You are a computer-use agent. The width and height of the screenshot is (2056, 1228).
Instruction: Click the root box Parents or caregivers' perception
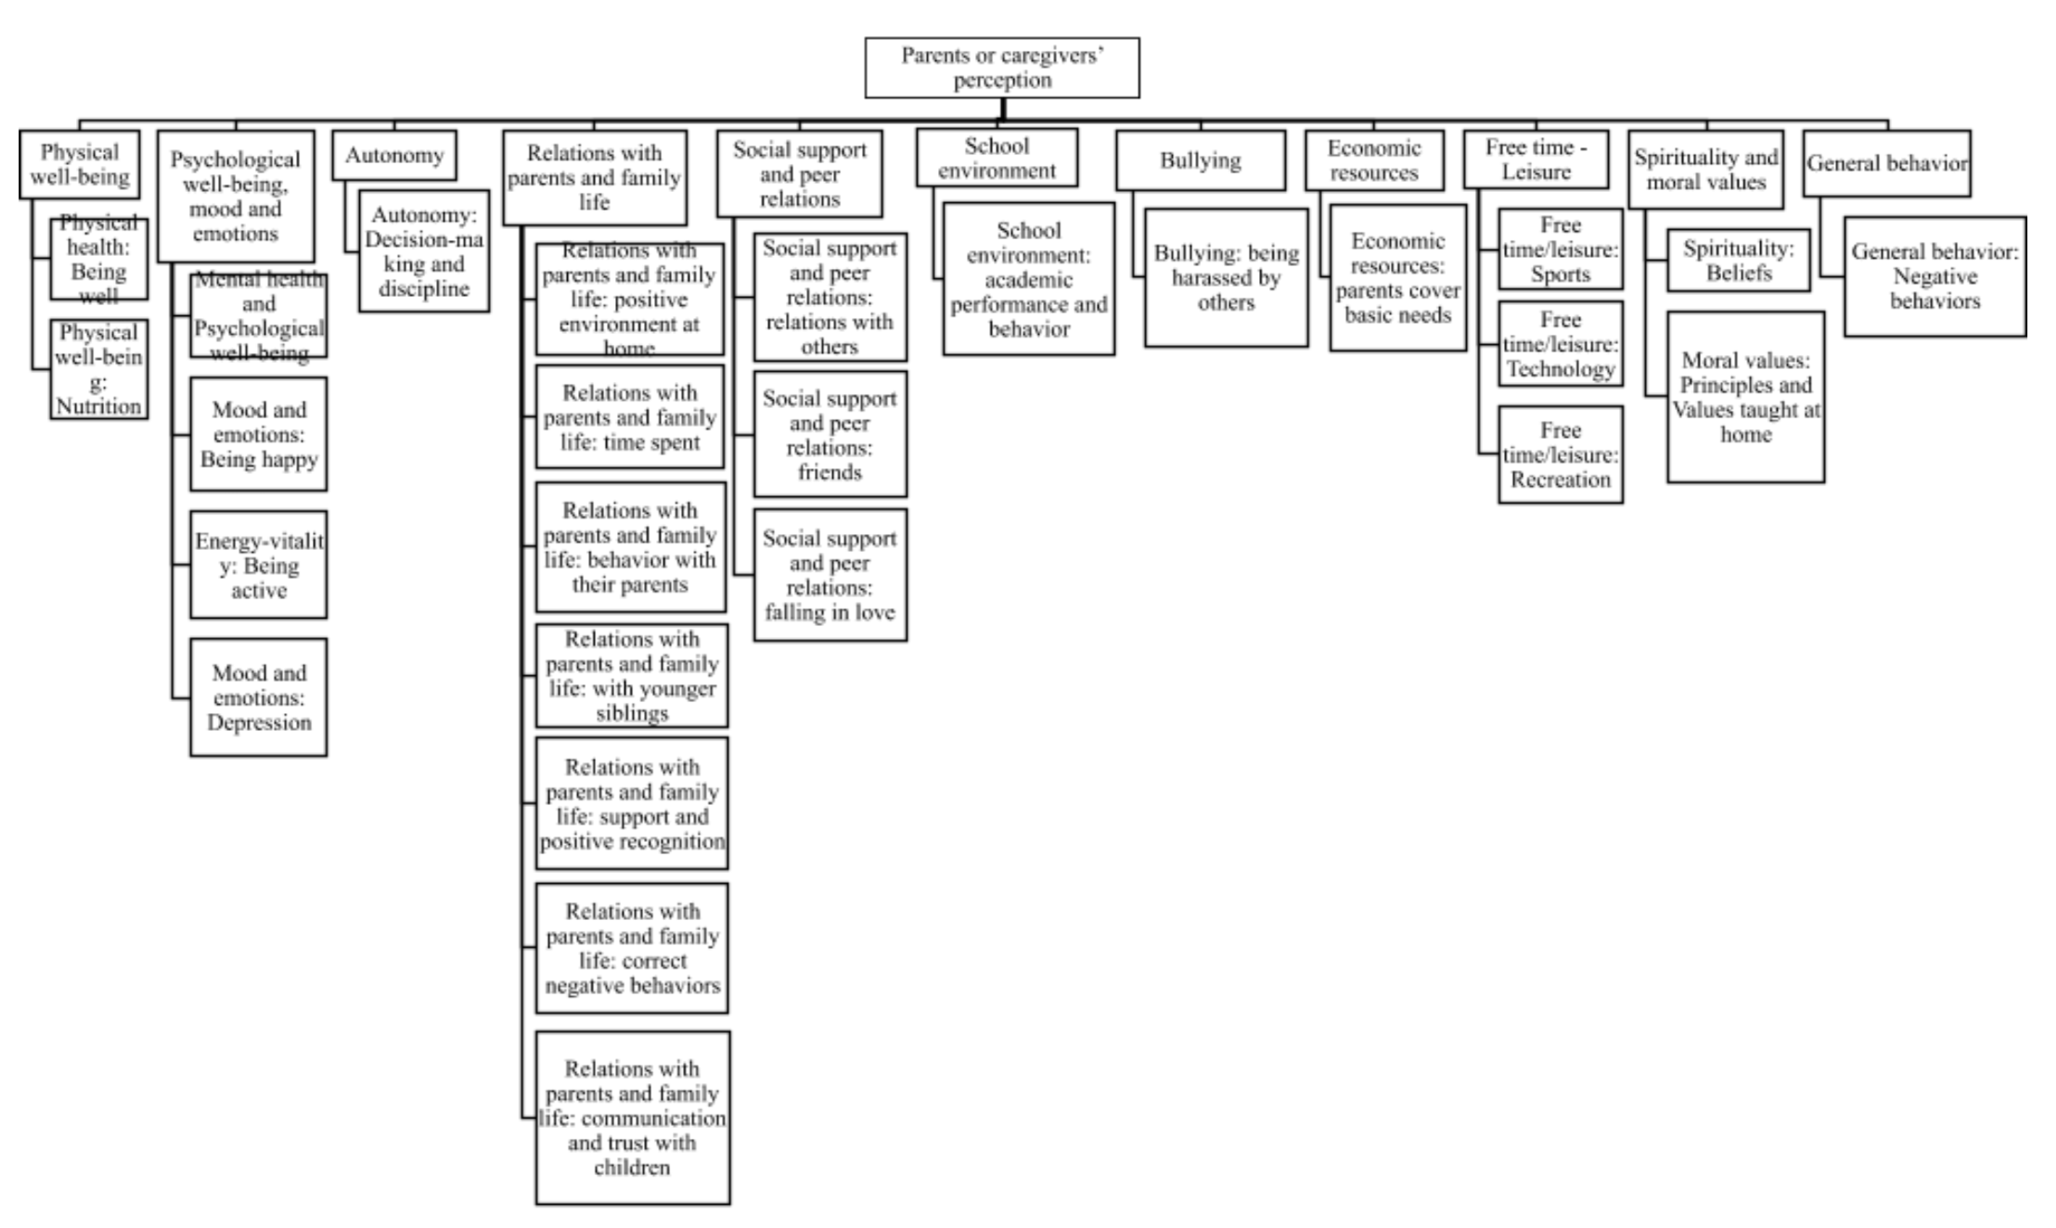coord(1002,68)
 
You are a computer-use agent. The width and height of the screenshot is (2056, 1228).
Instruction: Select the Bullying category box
coord(1201,160)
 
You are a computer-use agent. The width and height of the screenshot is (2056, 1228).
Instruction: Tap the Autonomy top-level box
coord(394,155)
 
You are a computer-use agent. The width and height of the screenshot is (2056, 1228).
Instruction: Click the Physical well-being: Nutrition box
coord(98,369)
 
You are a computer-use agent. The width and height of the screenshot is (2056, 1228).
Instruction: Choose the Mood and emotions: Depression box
coord(259,697)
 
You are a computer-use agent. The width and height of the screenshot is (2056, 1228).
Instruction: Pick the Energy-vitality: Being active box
coord(259,565)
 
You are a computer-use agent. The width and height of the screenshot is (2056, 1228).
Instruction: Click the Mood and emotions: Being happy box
coord(259,434)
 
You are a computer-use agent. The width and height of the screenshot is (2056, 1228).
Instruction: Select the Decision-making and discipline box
coord(424,251)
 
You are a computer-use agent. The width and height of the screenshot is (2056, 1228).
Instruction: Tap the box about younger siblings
coord(632,676)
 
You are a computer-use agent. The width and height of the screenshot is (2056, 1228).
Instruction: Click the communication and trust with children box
coord(633,1118)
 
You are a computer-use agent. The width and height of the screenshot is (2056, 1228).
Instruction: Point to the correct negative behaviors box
coord(633,948)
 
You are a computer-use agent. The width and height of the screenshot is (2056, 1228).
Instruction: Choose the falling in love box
coord(830,575)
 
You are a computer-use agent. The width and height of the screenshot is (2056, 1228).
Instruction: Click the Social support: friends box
coord(830,435)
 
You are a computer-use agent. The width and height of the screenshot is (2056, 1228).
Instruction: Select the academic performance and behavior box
coord(1029,279)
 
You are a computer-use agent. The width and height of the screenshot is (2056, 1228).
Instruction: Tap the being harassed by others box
coord(1227,277)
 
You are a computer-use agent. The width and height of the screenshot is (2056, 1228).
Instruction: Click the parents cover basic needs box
coord(1398,277)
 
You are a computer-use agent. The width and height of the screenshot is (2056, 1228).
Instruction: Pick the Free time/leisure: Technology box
coord(1561,344)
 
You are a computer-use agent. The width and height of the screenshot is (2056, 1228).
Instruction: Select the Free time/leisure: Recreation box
coord(1561,454)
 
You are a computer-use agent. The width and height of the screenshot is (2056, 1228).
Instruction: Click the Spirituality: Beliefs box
coord(1739,261)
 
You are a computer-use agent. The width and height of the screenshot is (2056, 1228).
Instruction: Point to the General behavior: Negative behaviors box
coord(1934,276)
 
